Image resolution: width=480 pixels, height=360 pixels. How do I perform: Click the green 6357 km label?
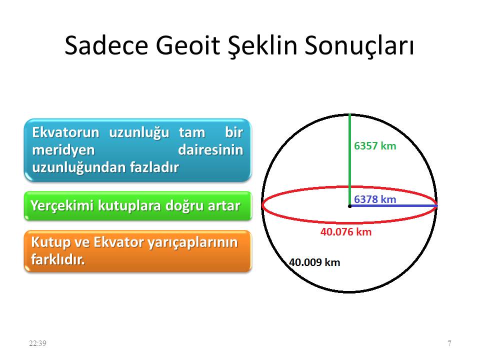coord(375,146)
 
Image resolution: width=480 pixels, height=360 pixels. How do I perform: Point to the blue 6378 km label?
coord(375,199)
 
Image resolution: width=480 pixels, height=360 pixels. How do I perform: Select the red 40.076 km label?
coord(346,232)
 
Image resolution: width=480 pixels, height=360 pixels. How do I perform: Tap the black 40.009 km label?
coord(314,262)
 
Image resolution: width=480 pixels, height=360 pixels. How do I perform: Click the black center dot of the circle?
coord(349,205)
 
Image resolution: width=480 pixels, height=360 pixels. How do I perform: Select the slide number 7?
coord(449,343)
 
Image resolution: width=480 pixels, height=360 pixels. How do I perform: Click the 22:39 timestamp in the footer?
coord(37,343)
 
